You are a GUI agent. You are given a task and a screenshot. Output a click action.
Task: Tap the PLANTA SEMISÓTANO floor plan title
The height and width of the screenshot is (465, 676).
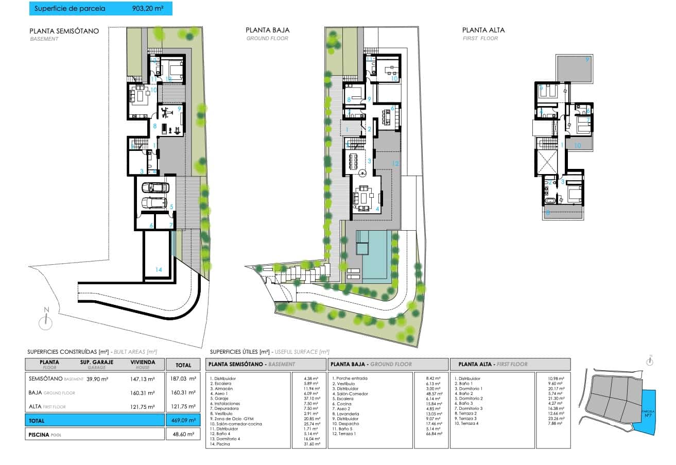tap(64, 30)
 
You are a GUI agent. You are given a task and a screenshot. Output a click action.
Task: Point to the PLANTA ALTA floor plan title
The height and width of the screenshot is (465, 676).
tap(483, 30)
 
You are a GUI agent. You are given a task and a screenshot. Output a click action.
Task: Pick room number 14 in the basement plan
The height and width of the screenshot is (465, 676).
tap(158, 269)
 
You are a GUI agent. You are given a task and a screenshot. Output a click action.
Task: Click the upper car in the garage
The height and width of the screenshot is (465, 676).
tap(155, 188)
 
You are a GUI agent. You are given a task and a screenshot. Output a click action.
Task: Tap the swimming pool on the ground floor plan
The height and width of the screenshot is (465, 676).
tap(375, 255)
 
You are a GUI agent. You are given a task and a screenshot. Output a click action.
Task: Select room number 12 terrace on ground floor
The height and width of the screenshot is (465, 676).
tap(395, 163)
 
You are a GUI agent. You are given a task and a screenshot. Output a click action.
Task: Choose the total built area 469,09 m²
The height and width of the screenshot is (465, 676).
tap(183, 420)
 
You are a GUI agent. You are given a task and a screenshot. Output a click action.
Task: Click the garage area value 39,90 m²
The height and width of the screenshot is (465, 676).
tap(97, 379)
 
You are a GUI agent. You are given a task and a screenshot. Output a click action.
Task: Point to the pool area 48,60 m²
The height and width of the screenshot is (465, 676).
tap(183, 435)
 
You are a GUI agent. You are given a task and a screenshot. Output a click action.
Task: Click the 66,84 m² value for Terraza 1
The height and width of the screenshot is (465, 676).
tap(431, 434)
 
